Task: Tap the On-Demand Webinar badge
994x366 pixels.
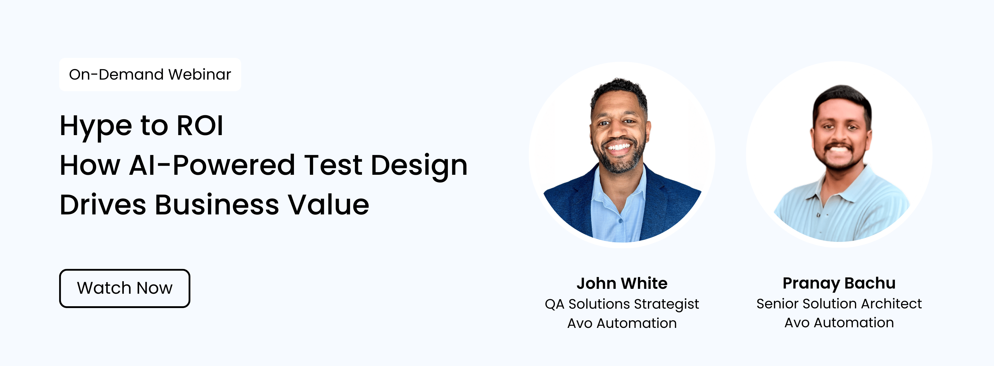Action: pyautogui.click(x=150, y=74)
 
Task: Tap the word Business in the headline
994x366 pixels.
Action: pyautogui.click(x=217, y=205)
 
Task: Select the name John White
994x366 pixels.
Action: pyautogui.click(x=622, y=283)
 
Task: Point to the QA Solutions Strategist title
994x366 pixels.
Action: pyautogui.click(x=622, y=304)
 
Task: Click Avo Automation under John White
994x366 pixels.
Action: pyautogui.click(x=622, y=323)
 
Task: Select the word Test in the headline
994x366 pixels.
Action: pyautogui.click(x=333, y=165)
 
